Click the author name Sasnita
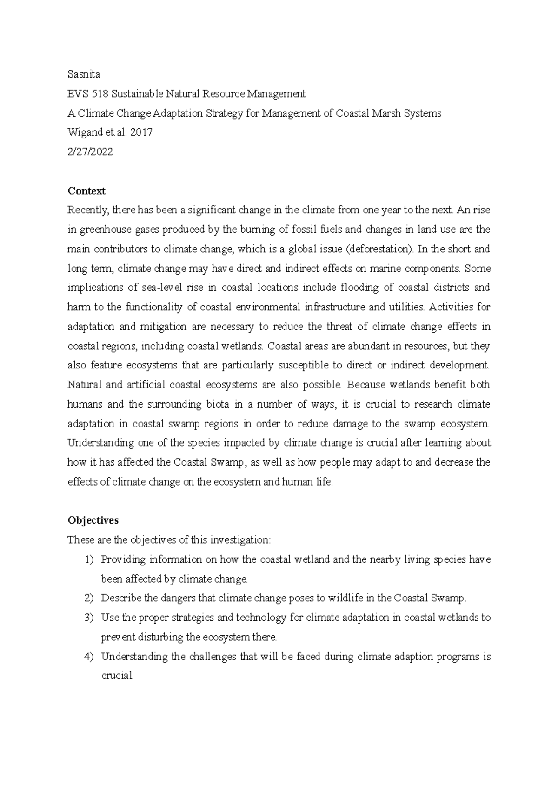pos(84,74)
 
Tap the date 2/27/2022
pos(90,152)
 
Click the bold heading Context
pos(86,191)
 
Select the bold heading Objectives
pos(93,520)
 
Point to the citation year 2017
pos(142,133)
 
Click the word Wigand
pos(83,133)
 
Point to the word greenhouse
pos(101,230)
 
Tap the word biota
pos(217,405)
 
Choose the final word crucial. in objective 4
pos(118,676)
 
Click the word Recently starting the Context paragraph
pos(88,210)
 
